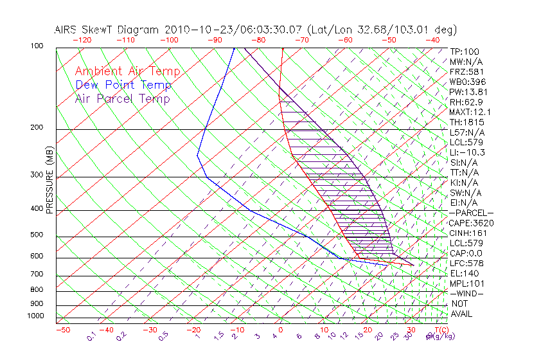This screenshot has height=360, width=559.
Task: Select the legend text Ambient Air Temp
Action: tap(128, 71)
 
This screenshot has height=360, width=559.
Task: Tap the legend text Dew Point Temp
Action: tap(123, 85)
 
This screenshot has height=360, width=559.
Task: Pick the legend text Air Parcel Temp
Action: tap(123, 98)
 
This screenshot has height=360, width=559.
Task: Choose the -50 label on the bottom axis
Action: tap(62, 330)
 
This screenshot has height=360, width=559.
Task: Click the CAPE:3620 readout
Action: tap(471, 223)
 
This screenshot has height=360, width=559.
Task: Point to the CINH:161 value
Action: tap(468, 233)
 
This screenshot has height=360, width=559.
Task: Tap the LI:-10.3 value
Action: tap(467, 152)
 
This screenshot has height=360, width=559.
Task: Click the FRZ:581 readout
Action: tap(466, 71)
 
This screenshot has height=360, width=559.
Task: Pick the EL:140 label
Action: tap(464, 273)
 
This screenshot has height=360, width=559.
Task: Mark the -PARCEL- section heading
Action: tap(471, 213)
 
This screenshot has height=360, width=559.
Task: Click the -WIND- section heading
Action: tap(467, 293)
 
